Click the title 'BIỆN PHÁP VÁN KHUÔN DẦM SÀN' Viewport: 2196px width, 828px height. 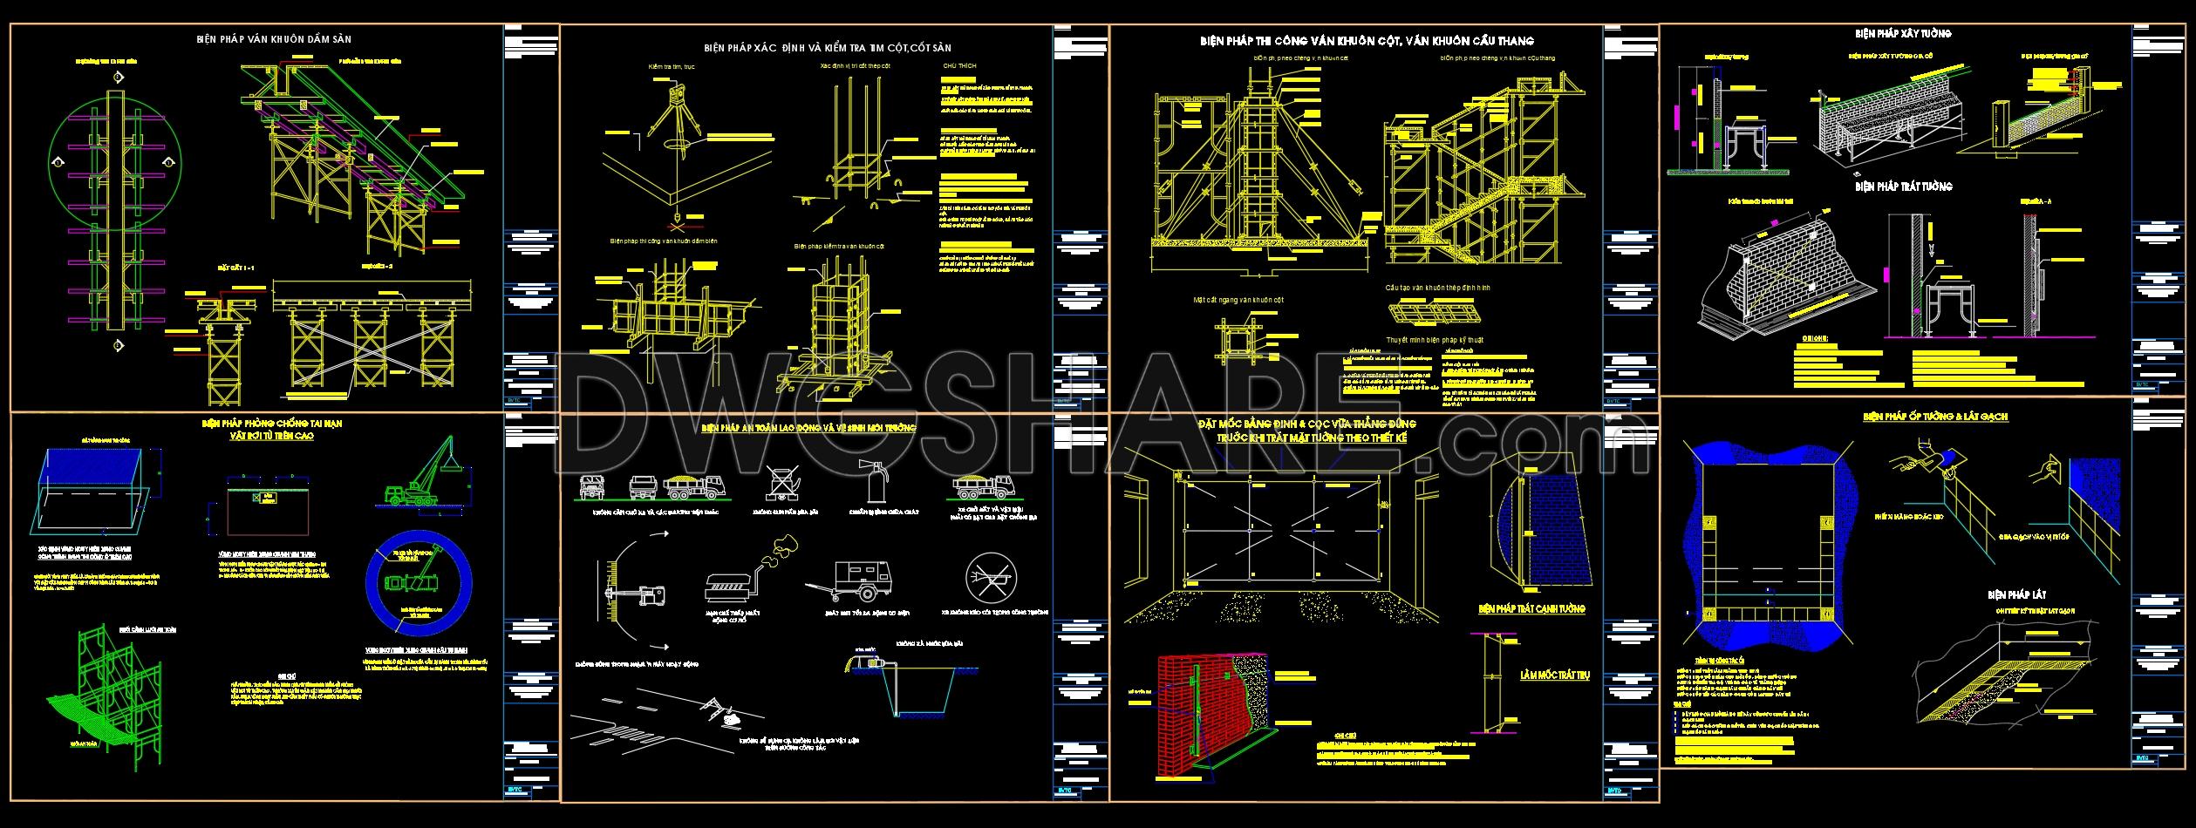[274, 39]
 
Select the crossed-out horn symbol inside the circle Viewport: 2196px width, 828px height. [991, 577]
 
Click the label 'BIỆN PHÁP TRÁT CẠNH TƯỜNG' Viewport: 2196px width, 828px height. [1531, 609]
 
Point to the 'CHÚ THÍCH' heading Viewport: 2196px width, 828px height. [959, 66]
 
